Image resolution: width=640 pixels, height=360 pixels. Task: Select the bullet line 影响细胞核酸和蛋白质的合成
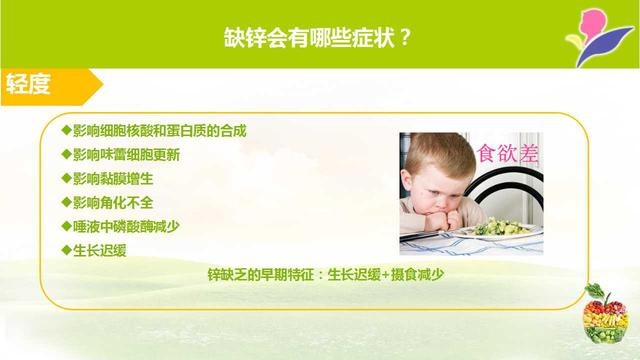pos(159,131)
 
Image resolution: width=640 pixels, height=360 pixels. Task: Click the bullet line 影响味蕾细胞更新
pos(128,155)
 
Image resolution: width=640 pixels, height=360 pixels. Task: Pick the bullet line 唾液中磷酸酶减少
pos(128,225)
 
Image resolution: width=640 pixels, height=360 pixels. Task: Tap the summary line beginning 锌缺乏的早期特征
pos(318,273)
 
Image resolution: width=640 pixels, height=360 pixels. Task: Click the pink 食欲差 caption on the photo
pos(507,154)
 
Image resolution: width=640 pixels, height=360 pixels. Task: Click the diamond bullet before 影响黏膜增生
pos(66,178)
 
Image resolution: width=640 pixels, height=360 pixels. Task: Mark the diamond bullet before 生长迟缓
pos(66,249)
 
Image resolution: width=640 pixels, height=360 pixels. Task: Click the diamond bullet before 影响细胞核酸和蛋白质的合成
pos(66,131)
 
